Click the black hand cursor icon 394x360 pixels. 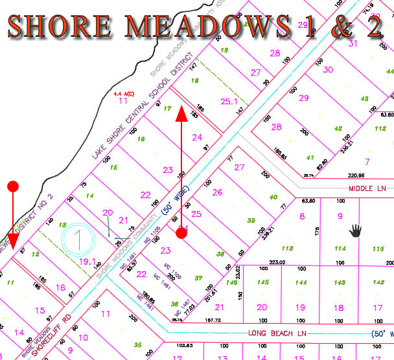coord(355,230)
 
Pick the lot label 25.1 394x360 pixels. coord(229,101)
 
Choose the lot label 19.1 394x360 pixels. coord(87,261)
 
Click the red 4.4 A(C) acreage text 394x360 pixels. coord(124,93)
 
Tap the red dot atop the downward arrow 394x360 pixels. coord(13,187)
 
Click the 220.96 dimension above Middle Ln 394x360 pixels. coord(356,175)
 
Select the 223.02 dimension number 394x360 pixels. coord(277,262)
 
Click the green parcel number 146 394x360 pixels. coord(231,283)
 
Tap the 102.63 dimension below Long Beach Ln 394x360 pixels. coord(185,345)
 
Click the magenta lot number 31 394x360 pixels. coord(353,44)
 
